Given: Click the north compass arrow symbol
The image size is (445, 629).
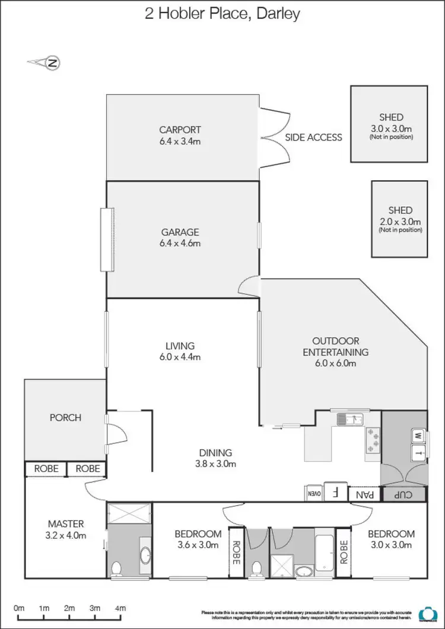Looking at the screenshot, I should pyautogui.click(x=45, y=62).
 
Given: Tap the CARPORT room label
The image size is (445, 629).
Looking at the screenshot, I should pyautogui.click(x=180, y=130).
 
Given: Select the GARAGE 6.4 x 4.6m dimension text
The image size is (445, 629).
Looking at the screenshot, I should pyautogui.click(x=180, y=244).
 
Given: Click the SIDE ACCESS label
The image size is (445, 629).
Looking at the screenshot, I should pyautogui.click(x=314, y=138).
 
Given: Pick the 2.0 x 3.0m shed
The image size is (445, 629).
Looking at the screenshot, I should pyautogui.click(x=400, y=219).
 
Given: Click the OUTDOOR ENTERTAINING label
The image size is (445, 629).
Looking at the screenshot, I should pyautogui.click(x=336, y=346).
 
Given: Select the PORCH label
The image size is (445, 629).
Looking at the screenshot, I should pyautogui.click(x=65, y=418).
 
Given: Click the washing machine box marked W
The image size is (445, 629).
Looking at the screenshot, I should pyautogui.click(x=418, y=436).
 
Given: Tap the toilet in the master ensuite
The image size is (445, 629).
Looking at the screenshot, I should pyautogui.click(x=116, y=568).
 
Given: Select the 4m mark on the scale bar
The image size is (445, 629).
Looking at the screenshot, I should pyautogui.click(x=120, y=608).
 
